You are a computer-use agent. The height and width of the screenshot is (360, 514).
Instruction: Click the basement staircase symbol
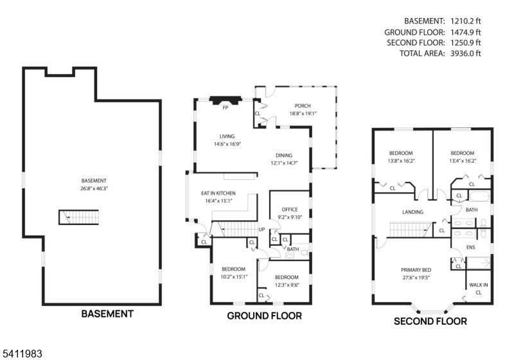tap(78, 217)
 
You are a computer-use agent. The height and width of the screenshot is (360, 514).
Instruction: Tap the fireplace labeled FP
tap(226, 101)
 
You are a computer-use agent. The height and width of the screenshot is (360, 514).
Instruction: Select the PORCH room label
tap(303, 106)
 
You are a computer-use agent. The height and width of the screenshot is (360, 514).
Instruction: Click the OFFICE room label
tap(290, 210)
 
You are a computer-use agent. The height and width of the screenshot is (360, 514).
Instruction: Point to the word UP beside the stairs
tap(261, 230)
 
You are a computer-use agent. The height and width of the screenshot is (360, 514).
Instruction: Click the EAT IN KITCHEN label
tap(218, 194)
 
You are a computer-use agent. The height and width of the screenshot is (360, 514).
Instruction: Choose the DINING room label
tap(284, 156)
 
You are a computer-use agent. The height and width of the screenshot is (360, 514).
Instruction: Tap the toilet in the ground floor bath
tap(305, 253)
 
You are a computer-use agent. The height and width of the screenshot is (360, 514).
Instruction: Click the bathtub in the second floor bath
tap(479, 196)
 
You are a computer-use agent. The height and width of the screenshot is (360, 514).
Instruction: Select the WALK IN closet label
tap(478, 285)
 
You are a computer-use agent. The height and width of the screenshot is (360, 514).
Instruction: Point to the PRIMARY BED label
tap(416, 270)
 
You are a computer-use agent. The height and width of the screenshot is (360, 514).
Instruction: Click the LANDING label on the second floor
tap(412, 212)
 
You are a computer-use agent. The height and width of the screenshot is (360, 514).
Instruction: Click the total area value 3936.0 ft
tap(465, 53)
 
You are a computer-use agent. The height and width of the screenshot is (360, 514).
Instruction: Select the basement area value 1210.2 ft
tap(465, 21)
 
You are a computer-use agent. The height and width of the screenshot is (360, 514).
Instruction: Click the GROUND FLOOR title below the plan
tap(265, 316)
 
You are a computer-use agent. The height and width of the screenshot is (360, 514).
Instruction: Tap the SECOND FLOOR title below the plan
tap(430, 321)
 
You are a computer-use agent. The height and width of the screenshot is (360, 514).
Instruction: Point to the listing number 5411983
tap(22, 354)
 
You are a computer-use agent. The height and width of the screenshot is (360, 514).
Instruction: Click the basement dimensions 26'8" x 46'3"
tap(94, 188)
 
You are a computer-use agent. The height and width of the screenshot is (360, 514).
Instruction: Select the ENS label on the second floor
tap(471, 248)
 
